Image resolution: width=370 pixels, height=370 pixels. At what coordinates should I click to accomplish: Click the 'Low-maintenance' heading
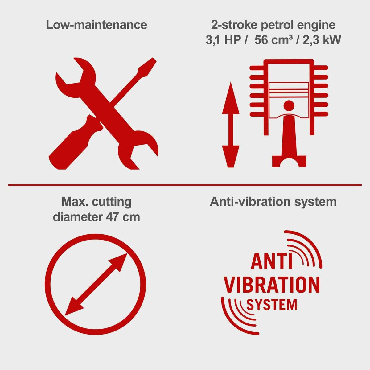[97, 25]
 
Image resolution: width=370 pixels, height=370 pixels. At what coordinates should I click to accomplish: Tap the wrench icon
[107, 113]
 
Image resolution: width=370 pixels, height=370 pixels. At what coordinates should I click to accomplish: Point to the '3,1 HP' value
[223, 40]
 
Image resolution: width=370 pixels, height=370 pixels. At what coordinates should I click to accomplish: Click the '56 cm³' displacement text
[273, 40]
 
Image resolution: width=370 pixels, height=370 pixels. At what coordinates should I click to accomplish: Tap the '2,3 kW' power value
[322, 40]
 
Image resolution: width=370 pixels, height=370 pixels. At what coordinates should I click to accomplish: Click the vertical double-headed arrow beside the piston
[231, 125]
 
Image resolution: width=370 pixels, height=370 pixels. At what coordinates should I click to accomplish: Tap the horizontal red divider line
[185, 185]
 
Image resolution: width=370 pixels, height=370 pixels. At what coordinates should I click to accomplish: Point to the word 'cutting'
[112, 202]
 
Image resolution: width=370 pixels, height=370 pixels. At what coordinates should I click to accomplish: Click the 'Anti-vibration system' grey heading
[273, 202]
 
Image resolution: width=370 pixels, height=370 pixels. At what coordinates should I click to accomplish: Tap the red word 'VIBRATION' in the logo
[272, 285]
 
